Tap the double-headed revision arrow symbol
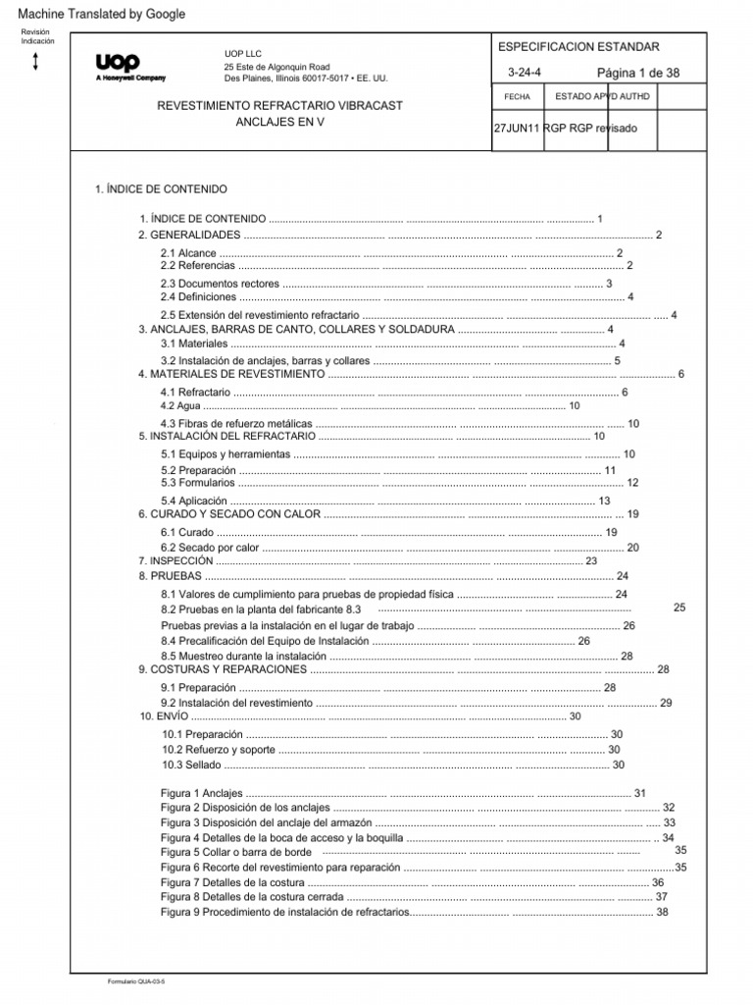tap(36, 62)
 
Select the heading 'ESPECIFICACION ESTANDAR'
tap(579, 47)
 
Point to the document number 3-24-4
tap(524, 74)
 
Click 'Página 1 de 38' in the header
tap(637, 74)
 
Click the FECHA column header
tap(517, 97)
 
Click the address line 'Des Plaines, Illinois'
tap(312, 77)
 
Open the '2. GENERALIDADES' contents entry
tap(189, 236)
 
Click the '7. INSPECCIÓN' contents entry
tap(176, 560)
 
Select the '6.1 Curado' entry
tap(181, 532)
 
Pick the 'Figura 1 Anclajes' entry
tap(201, 792)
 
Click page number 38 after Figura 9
tap(662, 912)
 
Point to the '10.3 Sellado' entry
tap(192, 765)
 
